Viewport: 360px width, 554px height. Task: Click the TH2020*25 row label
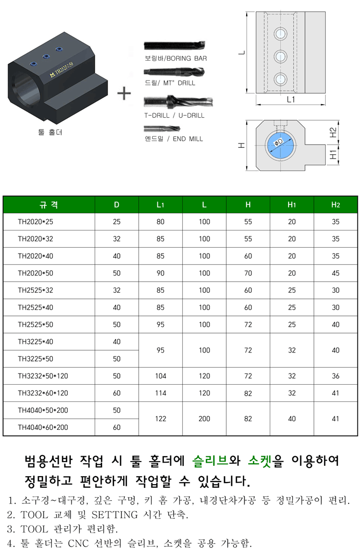point(35,222)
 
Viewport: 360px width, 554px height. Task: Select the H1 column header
point(291,205)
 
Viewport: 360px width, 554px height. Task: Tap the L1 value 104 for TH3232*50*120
point(161,376)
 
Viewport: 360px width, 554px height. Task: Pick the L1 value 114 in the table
point(161,393)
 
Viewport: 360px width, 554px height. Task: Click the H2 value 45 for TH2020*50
point(335,273)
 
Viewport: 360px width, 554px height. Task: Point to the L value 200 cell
point(204,419)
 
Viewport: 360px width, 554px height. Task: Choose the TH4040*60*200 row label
point(43,427)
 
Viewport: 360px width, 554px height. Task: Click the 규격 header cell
point(49,205)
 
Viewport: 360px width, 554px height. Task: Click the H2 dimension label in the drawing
point(333,133)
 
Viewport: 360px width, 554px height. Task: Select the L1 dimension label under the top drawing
point(290,99)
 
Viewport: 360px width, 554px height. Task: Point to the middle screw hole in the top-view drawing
point(280,56)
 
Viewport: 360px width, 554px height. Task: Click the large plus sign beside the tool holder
point(124,93)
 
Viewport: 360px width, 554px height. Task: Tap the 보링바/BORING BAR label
point(176,58)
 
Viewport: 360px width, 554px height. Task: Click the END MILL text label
point(188,139)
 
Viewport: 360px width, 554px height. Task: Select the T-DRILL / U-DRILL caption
point(174,116)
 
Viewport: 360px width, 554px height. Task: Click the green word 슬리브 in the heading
point(211,461)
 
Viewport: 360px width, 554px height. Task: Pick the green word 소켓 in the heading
point(260,461)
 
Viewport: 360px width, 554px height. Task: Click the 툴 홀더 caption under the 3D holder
point(50,132)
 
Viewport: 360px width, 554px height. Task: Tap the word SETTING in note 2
point(114,515)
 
